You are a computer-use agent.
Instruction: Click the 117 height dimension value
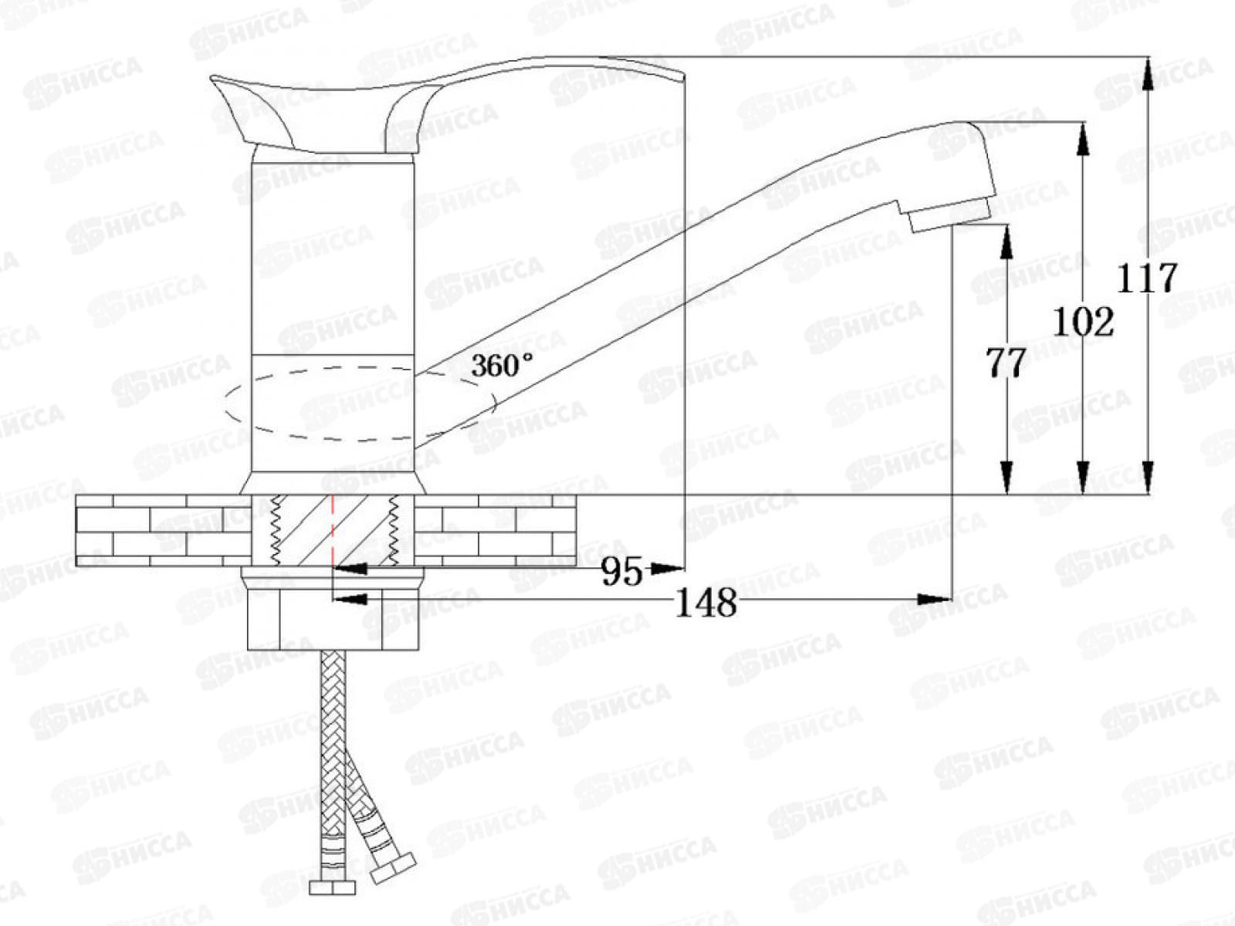pos(1148,278)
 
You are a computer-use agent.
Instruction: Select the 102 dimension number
pos(1084,321)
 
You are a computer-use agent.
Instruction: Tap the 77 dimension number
pos(1006,362)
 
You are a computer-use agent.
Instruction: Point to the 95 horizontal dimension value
pos(621,572)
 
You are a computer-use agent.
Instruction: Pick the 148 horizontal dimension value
pos(706,603)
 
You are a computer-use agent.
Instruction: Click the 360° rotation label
pos(502,365)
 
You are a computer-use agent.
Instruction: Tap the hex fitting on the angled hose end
pos(393,869)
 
